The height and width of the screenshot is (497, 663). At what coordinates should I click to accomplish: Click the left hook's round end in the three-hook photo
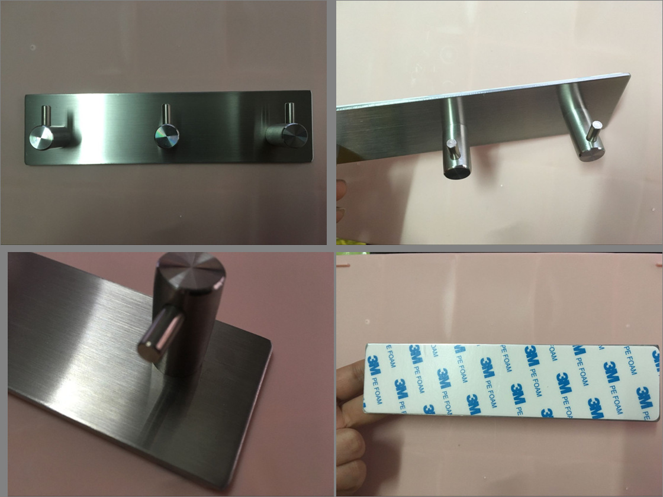[x=41, y=138]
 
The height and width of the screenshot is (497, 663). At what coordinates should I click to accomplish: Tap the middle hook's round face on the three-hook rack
[x=166, y=136]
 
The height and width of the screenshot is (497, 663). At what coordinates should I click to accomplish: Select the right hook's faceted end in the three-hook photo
[x=294, y=135]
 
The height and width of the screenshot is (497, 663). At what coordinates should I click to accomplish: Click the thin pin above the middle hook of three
[x=166, y=115]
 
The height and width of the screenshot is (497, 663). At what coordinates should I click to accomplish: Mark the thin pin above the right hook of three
[x=289, y=113]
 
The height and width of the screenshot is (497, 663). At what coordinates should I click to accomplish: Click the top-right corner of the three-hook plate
[x=311, y=91]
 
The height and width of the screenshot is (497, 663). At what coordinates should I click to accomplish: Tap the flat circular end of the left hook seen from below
[x=456, y=172]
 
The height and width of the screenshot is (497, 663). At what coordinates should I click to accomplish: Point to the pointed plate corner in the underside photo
[x=630, y=75]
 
